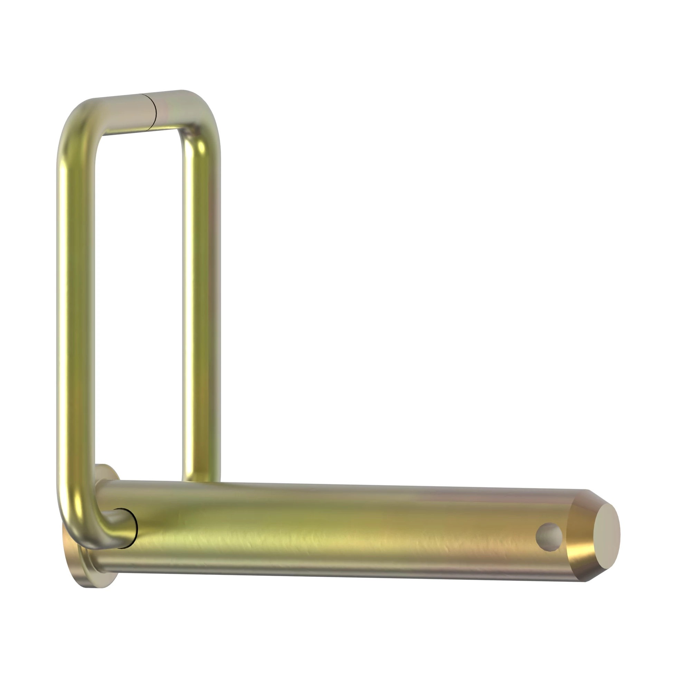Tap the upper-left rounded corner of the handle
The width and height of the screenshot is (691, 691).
point(77,122)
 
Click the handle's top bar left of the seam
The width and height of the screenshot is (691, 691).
point(122,114)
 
